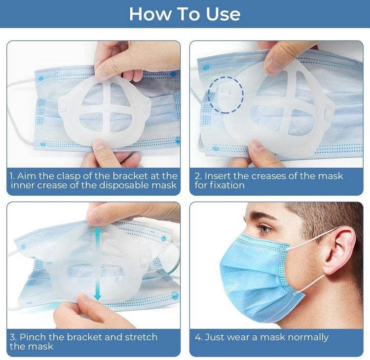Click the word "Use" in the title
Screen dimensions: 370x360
(x=223, y=14)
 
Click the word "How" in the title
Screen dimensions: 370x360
(x=150, y=14)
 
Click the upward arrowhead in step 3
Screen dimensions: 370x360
(x=98, y=231)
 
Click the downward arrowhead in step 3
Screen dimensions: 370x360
(x=98, y=296)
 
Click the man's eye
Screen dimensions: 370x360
(x=265, y=229)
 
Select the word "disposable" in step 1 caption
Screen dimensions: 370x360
(x=124, y=185)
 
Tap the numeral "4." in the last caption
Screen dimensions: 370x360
(x=199, y=337)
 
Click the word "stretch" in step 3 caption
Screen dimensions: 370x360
(x=141, y=337)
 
